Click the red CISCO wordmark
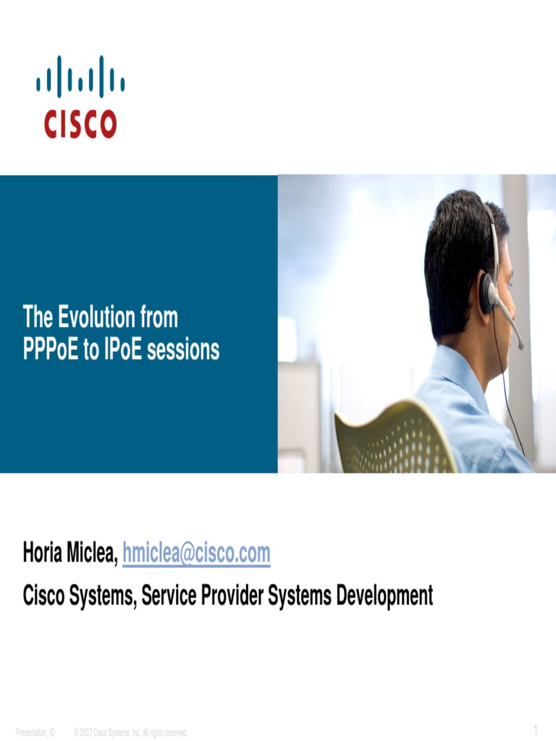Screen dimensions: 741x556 click(x=80, y=124)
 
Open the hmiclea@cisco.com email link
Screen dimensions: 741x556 click(x=196, y=554)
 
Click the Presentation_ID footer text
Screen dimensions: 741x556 click(x=35, y=733)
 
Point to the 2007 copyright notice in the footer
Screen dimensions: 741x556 click(x=130, y=733)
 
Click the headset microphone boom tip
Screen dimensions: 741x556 click(x=521, y=345)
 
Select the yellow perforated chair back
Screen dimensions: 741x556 click(x=391, y=438)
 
